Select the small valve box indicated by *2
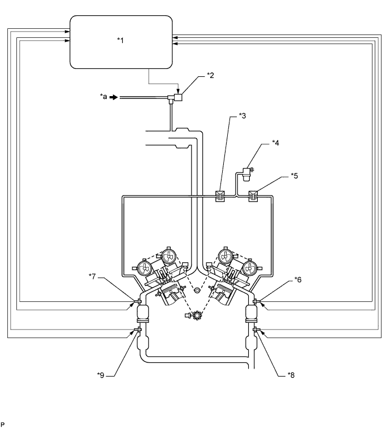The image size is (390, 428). point(178,97)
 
